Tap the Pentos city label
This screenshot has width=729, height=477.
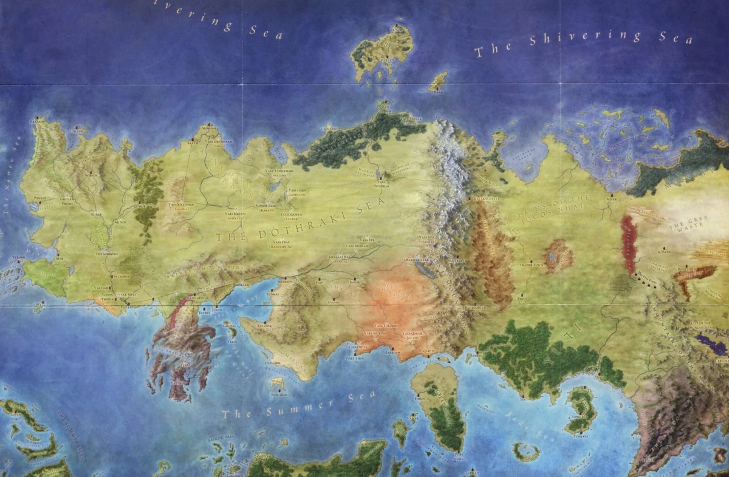pos(40,198)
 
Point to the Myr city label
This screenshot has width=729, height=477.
pos(59,258)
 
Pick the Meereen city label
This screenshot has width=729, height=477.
pos(286,281)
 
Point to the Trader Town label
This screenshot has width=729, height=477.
pos(530,265)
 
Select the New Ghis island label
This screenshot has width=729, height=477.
pos(279,393)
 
